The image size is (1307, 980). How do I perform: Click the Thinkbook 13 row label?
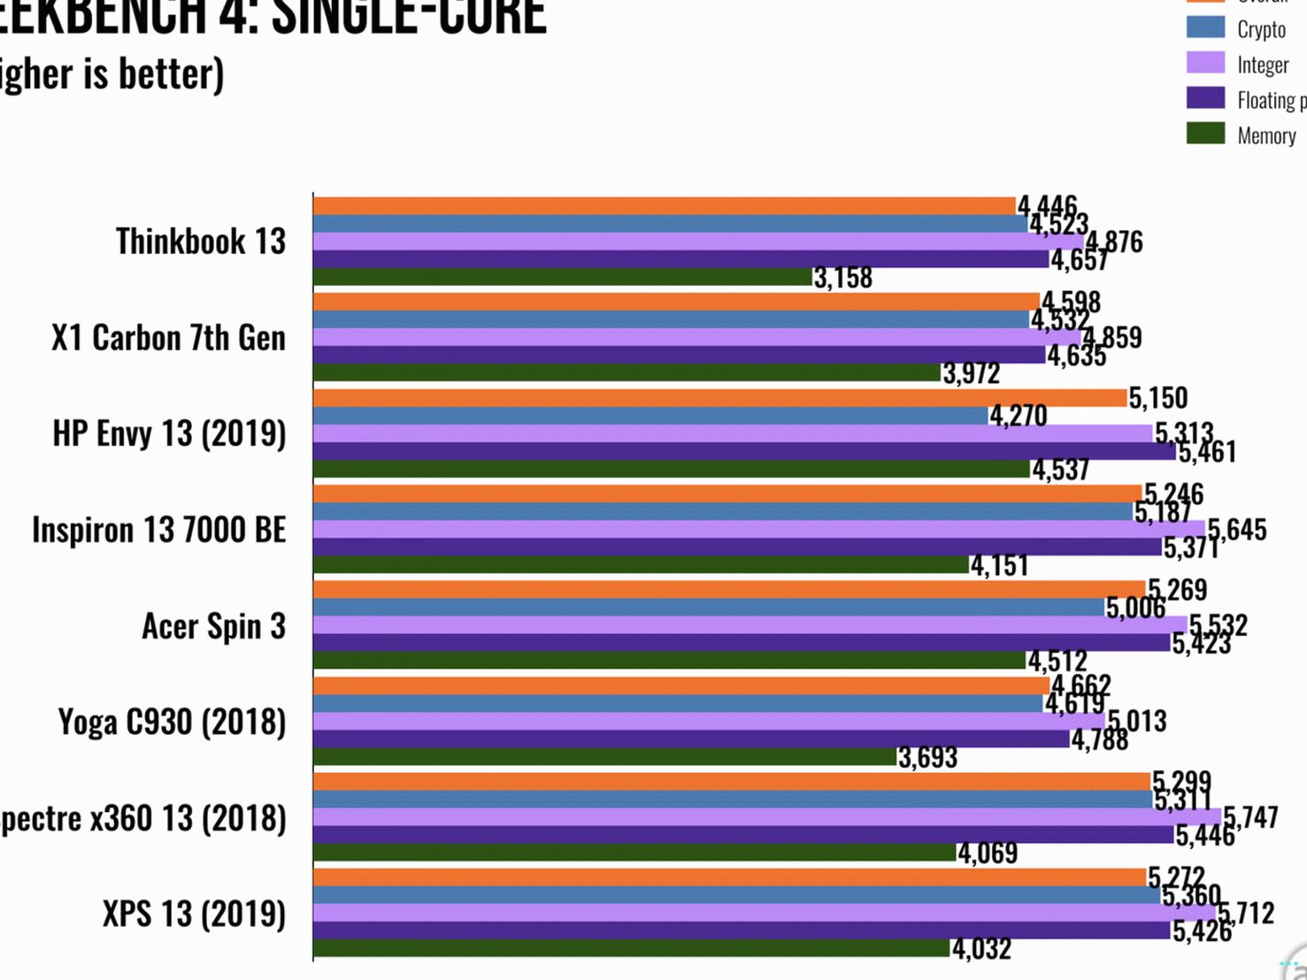pos(201,241)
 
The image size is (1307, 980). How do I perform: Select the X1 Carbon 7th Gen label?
pos(168,338)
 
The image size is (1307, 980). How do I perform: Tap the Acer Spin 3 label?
pos(213,626)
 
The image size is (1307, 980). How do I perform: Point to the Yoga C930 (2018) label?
pos(172,723)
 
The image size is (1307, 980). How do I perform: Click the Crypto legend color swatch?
pos(1205,27)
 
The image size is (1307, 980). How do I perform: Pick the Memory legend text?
pos(1266,136)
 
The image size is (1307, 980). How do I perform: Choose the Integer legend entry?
pos(1263,65)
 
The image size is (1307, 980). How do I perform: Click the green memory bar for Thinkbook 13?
pos(563,277)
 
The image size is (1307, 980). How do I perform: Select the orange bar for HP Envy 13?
pos(719,398)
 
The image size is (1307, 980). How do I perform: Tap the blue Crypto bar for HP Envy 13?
pos(650,416)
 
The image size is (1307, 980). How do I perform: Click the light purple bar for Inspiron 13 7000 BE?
pos(759,529)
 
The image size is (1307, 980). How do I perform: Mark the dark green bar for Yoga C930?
pos(604,757)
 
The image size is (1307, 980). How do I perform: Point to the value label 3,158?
pos(843,278)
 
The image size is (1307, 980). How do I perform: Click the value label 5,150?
pos(1157,398)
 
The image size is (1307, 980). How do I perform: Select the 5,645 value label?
pos(1237,530)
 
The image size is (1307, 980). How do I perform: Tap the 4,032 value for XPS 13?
pos(981,949)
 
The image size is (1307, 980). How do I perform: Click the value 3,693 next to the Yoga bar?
pos(927,757)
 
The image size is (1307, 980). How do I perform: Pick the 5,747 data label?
pos(1250,817)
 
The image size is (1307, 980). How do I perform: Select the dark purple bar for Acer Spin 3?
pos(742,643)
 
